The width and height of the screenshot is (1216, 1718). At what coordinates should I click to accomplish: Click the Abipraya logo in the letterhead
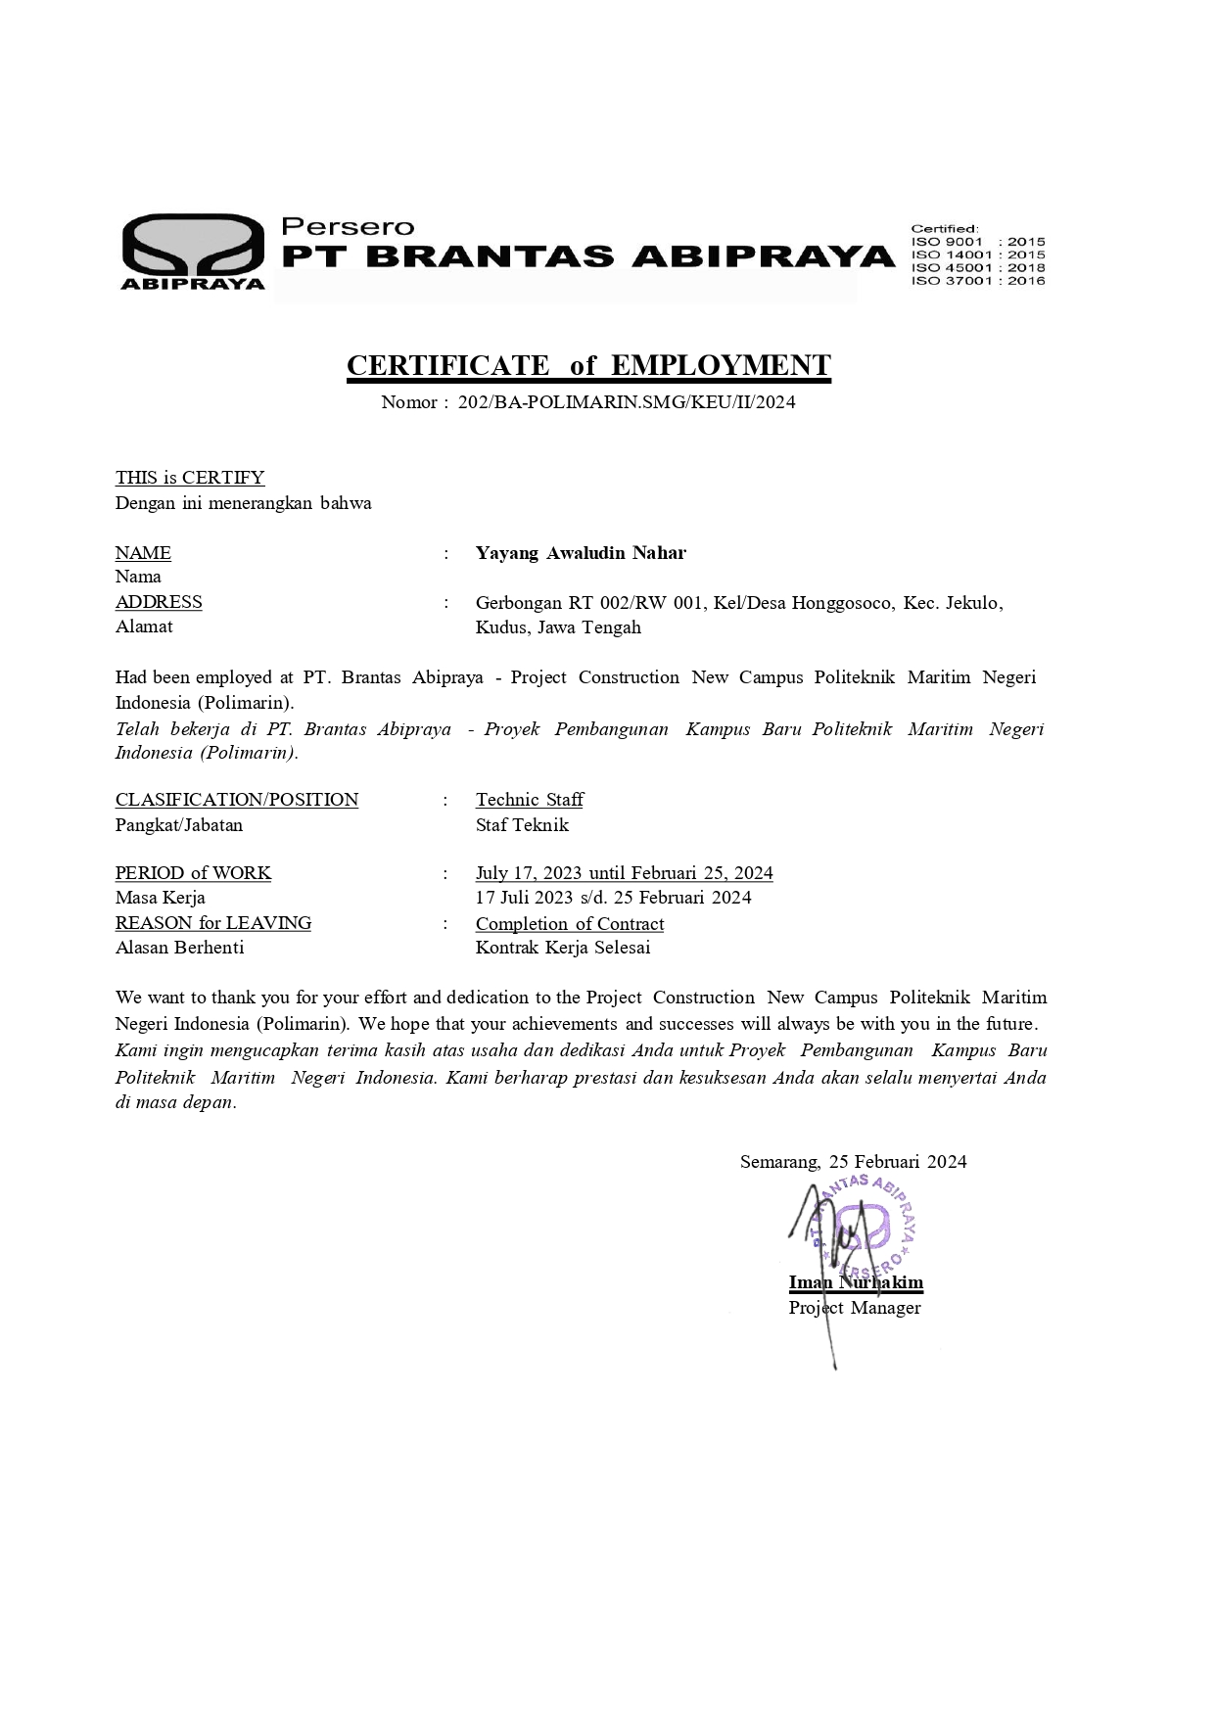(193, 251)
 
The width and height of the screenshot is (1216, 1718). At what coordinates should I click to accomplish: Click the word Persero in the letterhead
(348, 226)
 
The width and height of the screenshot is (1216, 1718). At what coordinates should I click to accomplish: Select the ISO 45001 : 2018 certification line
(977, 267)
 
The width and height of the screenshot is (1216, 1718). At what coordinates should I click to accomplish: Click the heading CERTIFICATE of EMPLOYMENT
(588, 365)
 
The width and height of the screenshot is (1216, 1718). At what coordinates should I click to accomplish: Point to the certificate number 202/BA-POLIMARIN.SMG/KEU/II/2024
(627, 401)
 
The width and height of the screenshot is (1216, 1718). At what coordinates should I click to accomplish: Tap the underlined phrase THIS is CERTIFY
(190, 478)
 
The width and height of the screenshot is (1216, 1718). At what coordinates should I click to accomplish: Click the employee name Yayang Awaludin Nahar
(581, 553)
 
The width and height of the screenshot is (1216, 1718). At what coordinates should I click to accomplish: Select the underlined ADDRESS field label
(159, 602)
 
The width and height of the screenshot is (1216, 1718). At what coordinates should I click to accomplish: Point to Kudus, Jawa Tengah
(558, 627)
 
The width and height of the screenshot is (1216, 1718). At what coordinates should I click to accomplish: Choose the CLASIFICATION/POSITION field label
(237, 800)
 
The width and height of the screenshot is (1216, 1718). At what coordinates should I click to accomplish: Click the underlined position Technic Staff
(530, 800)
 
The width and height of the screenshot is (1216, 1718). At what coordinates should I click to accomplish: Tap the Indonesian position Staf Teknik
(522, 825)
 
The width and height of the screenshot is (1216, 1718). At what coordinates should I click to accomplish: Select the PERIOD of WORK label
(193, 873)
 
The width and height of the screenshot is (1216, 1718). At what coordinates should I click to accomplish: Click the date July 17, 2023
(529, 873)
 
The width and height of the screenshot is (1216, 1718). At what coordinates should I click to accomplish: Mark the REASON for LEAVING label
(213, 923)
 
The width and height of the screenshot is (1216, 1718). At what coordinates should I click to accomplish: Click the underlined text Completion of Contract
(570, 924)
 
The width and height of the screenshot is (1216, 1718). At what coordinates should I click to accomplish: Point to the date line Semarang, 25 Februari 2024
(853, 1162)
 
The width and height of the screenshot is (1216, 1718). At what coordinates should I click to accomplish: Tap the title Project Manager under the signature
(855, 1308)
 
